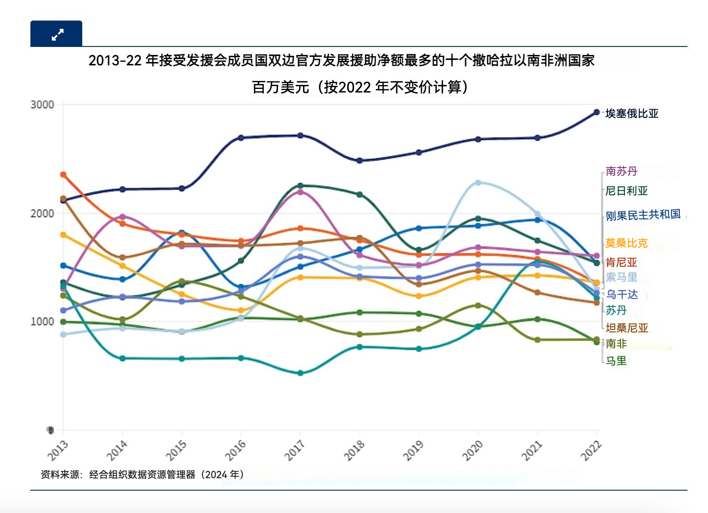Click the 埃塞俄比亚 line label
(x=632, y=114)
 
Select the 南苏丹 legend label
(x=621, y=171)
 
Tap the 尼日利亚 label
(x=626, y=191)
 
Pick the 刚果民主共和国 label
(x=643, y=215)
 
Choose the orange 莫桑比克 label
(x=626, y=243)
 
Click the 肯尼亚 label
(x=621, y=262)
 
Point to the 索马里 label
(x=621, y=278)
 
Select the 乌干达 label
(x=622, y=294)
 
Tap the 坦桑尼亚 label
(x=627, y=328)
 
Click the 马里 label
(x=616, y=361)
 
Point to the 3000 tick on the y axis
(x=42, y=105)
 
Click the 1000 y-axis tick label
(x=42, y=322)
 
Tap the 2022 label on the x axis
(x=591, y=450)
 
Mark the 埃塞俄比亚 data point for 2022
(x=596, y=112)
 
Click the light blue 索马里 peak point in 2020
(x=478, y=182)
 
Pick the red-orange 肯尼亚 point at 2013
(x=63, y=174)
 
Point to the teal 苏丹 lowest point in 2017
(x=300, y=373)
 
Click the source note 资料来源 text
(x=142, y=475)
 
